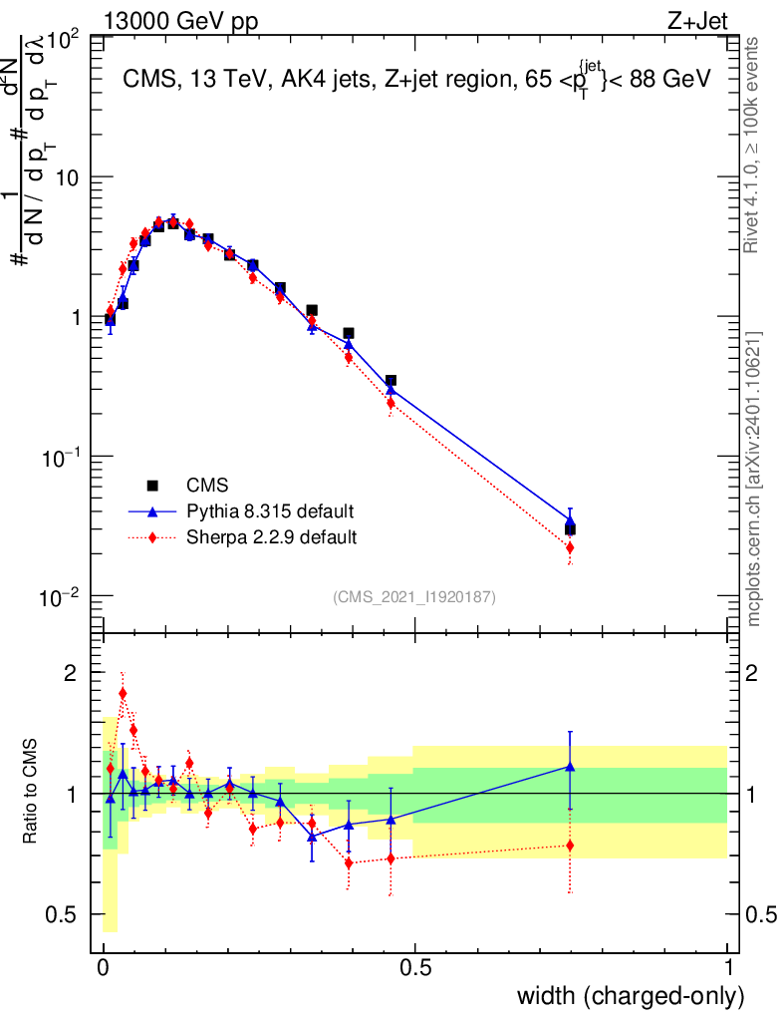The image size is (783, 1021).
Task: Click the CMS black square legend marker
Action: coord(153,486)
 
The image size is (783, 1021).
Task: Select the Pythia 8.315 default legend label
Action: coord(270,511)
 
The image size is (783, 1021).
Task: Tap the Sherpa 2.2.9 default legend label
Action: coord(272,537)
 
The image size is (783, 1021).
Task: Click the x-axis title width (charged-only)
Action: coord(631,995)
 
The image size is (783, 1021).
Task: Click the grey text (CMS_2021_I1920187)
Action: coord(414,596)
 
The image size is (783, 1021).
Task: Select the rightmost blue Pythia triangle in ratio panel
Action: coord(570,767)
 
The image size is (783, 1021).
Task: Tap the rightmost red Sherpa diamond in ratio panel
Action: coord(570,846)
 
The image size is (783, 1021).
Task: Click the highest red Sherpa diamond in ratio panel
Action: coord(123,693)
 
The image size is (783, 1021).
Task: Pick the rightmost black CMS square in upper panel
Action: coord(570,529)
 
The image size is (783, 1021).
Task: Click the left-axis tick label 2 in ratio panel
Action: coord(70,673)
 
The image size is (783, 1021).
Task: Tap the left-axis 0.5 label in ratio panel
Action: coord(62,914)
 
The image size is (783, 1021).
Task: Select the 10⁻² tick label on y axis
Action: coord(60,597)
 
